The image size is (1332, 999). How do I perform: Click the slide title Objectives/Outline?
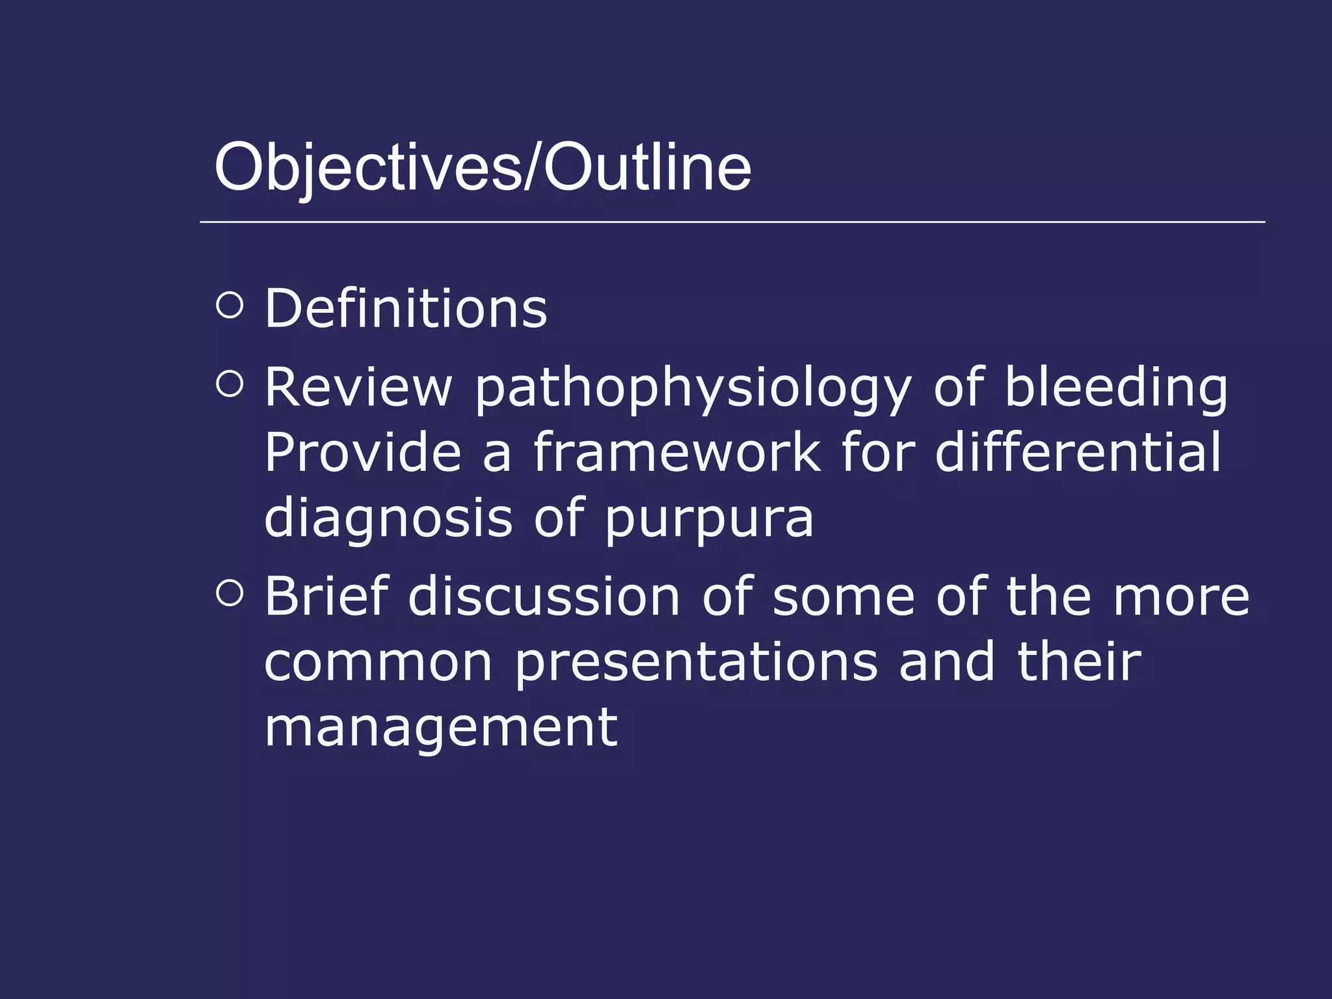click(483, 168)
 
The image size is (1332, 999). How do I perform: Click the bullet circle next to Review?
click(229, 384)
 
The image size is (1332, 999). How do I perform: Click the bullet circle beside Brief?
click(229, 593)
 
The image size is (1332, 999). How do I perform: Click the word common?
click(379, 663)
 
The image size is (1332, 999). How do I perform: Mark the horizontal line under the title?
click(732, 222)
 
